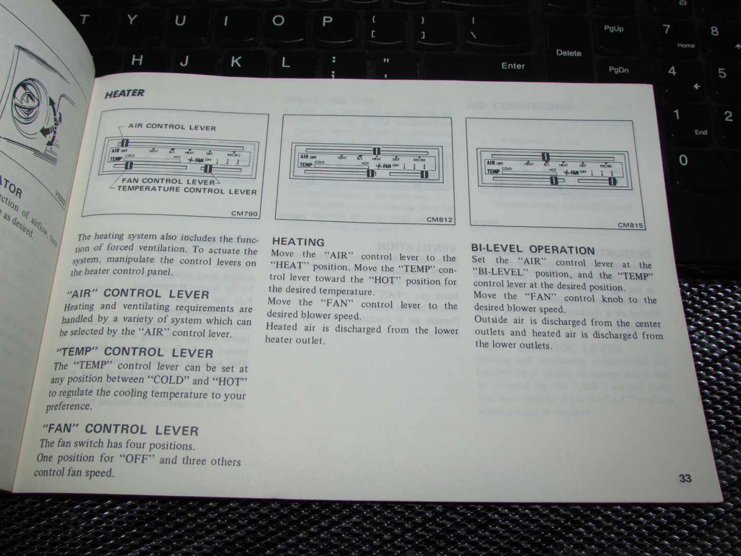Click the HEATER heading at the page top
click(125, 93)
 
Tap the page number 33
click(685, 478)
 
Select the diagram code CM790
click(245, 214)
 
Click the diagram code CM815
click(630, 225)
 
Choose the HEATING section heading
click(298, 242)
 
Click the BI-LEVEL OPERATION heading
click(533, 250)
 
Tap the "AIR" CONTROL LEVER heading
click(138, 294)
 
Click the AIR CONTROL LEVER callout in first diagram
click(172, 127)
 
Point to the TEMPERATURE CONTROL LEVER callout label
click(187, 190)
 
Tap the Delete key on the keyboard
click(568, 53)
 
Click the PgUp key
click(613, 29)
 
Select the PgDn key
click(618, 70)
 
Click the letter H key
click(137, 61)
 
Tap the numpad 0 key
click(683, 160)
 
